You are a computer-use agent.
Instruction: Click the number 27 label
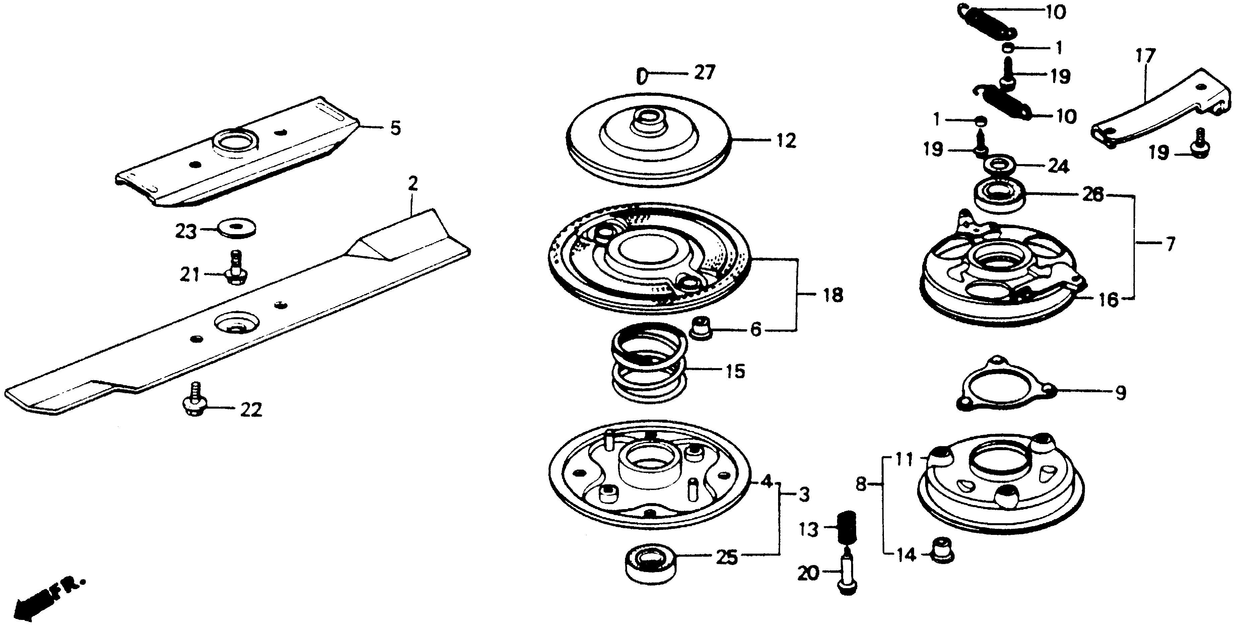[705, 73]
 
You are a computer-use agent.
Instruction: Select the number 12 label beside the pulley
[786, 141]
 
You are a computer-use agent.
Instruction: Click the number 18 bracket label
[833, 295]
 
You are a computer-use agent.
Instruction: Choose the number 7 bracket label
[1171, 244]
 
